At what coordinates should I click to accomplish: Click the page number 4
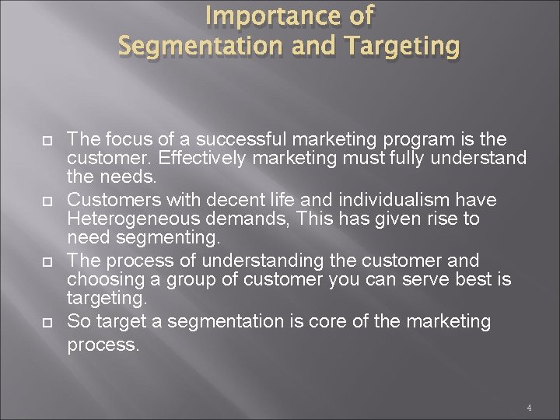coord(528,408)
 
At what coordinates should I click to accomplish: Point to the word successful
coord(240,140)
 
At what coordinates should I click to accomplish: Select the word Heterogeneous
coord(129,220)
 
